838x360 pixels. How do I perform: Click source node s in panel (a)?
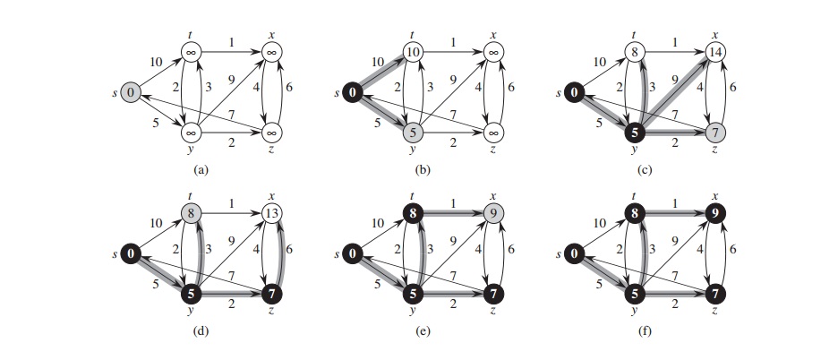[131, 91]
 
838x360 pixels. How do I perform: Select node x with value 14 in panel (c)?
[715, 52]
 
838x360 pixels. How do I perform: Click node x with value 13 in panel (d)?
[269, 215]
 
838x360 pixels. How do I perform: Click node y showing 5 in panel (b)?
[413, 133]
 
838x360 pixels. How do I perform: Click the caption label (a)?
[200, 167]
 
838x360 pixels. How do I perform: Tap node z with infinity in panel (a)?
[269, 133]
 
